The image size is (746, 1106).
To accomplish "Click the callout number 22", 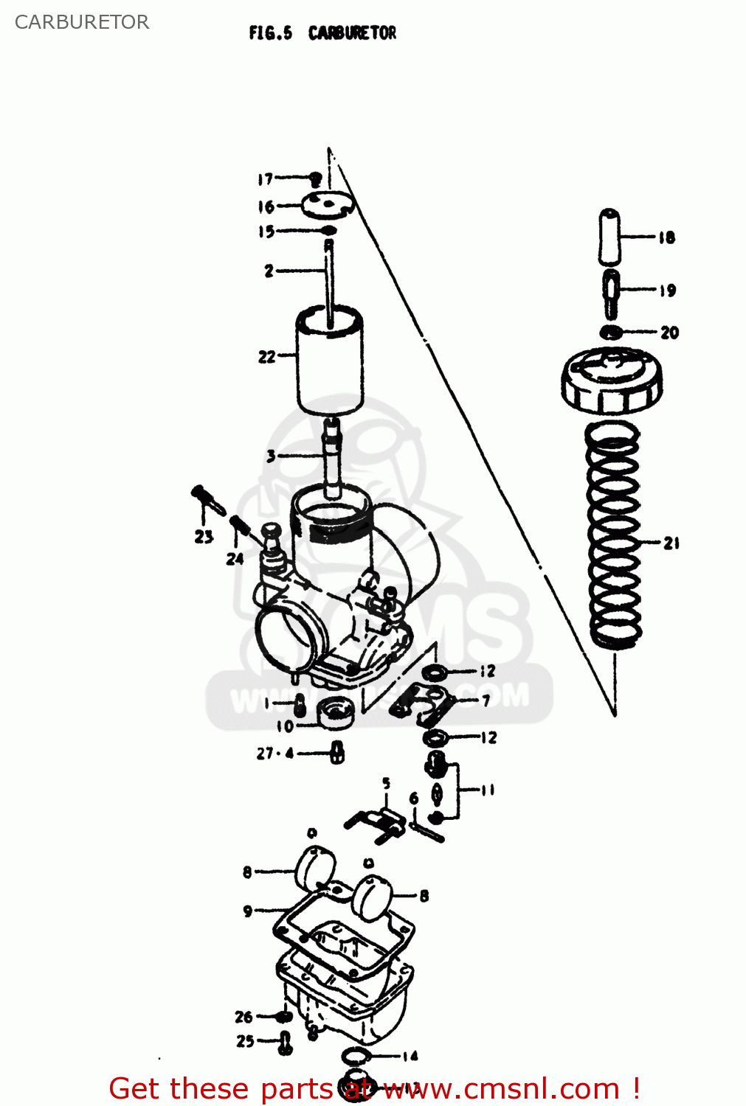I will pyautogui.click(x=266, y=357).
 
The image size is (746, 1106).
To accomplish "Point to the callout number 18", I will pyautogui.click(x=666, y=237).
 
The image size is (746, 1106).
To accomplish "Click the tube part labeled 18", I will pyautogui.click(x=609, y=237).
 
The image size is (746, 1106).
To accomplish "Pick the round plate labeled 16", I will pyautogui.click(x=327, y=204).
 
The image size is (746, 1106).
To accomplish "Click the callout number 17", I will pyautogui.click(x=265, y=178).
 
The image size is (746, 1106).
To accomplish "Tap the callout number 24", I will pyautogui.click(x=235, y=559).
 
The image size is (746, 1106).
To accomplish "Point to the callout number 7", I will pyautogui.click(x=486, y=700).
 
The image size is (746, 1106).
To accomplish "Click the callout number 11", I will pyautogui.click(x=487, y=790).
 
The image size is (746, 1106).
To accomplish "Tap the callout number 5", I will pyautogui.click(x=386, y=783).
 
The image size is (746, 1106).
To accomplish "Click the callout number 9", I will pyautogui.click(x=248, y=911).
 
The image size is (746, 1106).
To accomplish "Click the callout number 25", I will pyautogui.click(x=245, y=1041).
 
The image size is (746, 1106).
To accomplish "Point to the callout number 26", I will pyautogui.click(x=244, y=1017).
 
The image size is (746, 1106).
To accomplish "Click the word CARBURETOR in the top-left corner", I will pyautogui.click(x=82, y=22).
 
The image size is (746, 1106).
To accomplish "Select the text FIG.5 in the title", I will pyautogui.click(x=270, y=33).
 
